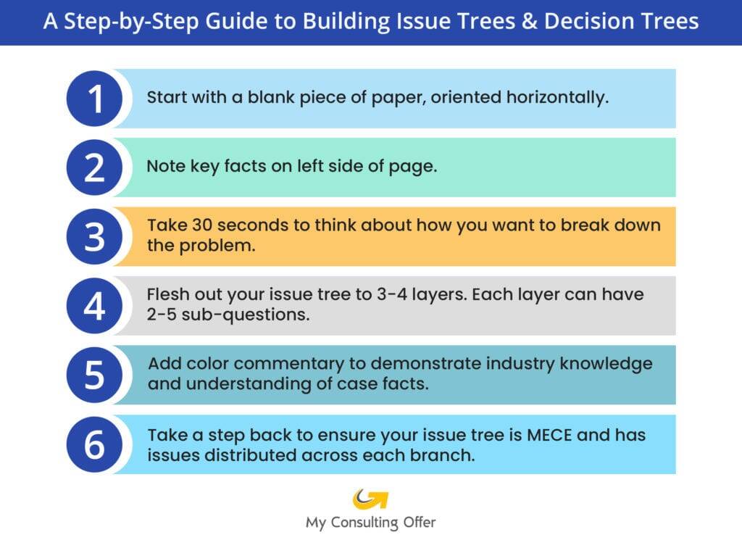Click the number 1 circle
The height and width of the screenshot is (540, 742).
pos(95,99)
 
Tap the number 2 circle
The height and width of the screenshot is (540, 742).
pos(95,168)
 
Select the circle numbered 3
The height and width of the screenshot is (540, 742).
pos(95,237)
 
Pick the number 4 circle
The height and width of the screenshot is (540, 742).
pos(95,306)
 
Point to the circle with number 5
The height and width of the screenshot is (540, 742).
pos(95,375)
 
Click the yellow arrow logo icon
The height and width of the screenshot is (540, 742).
pos(370,499)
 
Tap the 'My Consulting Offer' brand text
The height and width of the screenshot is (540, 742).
pos(370,522)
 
